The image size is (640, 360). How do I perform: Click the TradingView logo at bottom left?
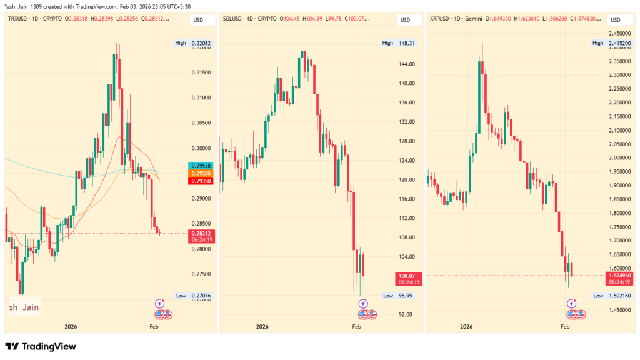click(40, 346)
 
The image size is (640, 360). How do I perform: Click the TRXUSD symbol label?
click(20, 19)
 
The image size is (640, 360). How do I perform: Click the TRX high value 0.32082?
click(202, 43)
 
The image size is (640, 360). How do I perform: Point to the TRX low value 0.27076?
click(201, 295)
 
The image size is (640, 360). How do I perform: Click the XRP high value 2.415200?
click(621, 43)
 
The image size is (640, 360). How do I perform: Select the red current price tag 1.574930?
click(621, 276)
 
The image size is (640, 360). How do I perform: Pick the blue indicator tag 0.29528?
click(201, 165)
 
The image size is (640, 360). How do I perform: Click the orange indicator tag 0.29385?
click(201, 172)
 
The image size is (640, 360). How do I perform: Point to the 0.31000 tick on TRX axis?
click(201, 98)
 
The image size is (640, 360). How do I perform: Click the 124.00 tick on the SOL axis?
click(406, 161)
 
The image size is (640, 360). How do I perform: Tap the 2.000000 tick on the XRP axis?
click(621, 158)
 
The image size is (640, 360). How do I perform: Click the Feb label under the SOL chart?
click(357, 327)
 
